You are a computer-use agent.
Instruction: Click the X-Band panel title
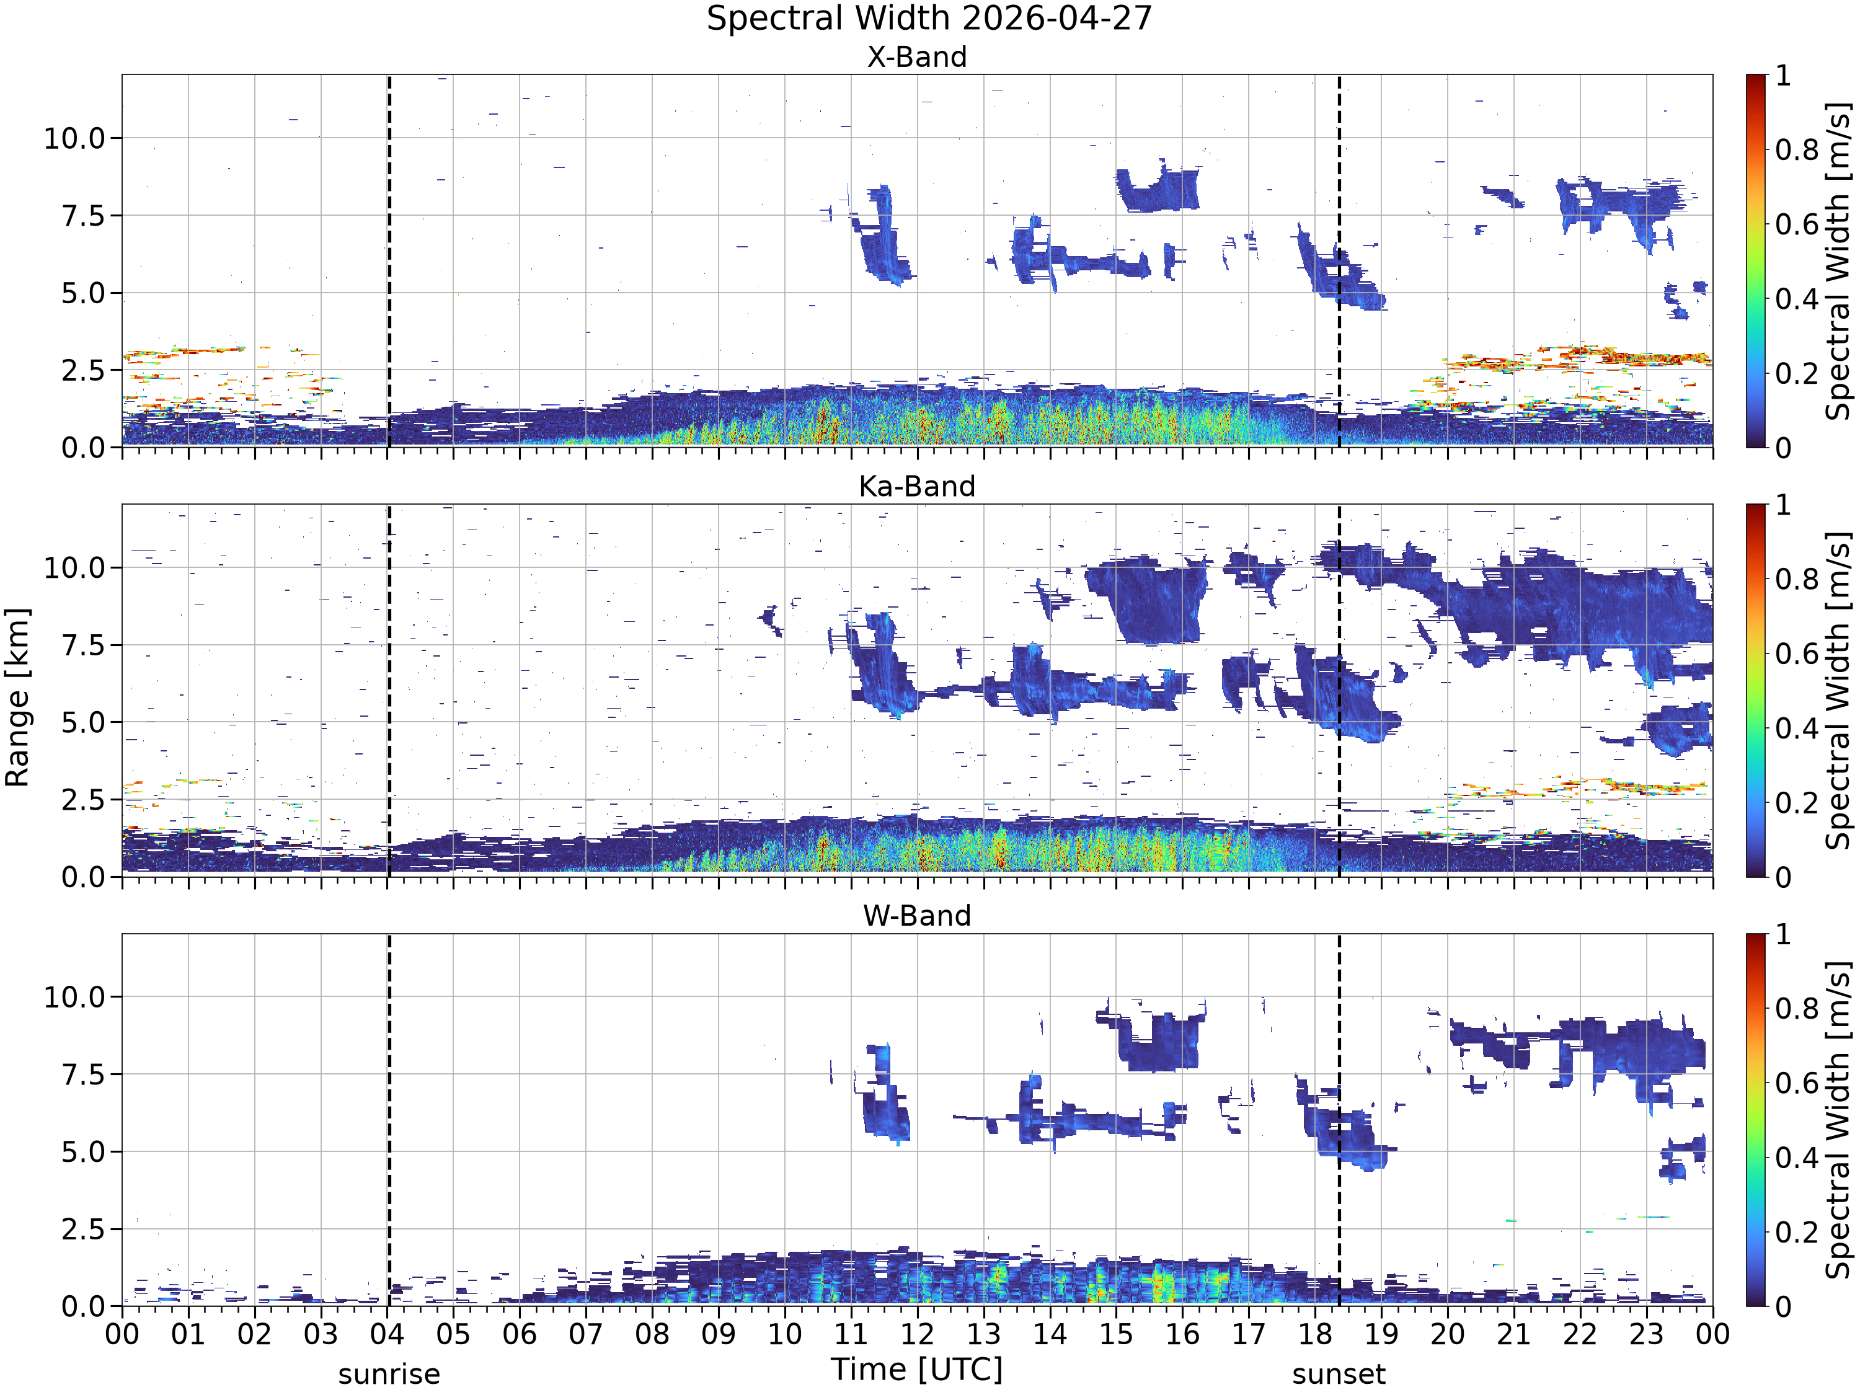(916, 57)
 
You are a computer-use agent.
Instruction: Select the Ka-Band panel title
(916, 486)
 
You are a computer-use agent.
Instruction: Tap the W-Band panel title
(916, 916)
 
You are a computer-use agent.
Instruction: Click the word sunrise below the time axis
(389, 1374)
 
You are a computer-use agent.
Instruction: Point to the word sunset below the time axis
(1339, 1374)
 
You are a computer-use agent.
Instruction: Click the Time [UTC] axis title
(916, 1370)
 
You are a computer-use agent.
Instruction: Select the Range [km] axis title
(17, 697)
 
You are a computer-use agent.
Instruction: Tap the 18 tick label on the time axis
(1314, 1334)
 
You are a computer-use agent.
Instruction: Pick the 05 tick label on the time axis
(453, 1334)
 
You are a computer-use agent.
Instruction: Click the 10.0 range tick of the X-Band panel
(75, 138)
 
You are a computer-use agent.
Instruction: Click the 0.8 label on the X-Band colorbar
(1797, 149)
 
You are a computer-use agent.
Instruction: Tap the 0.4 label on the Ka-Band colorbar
(1797, 728)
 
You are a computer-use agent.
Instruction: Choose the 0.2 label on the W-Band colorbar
(1797, 1233)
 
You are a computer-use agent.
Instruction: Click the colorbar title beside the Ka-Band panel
(1840, 690)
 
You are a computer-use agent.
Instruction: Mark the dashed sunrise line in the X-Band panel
(389, 260)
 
